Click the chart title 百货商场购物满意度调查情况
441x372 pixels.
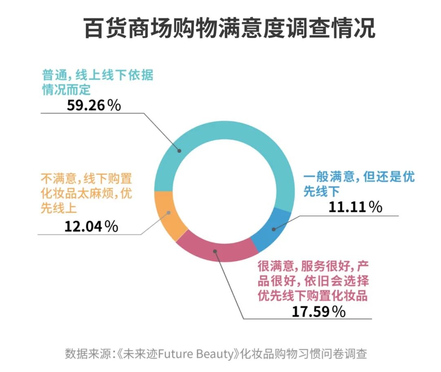229,28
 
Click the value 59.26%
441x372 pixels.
94,105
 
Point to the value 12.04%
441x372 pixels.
91,225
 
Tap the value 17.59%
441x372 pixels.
318,311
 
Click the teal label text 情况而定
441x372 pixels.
67,90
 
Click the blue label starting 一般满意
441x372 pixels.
359,177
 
